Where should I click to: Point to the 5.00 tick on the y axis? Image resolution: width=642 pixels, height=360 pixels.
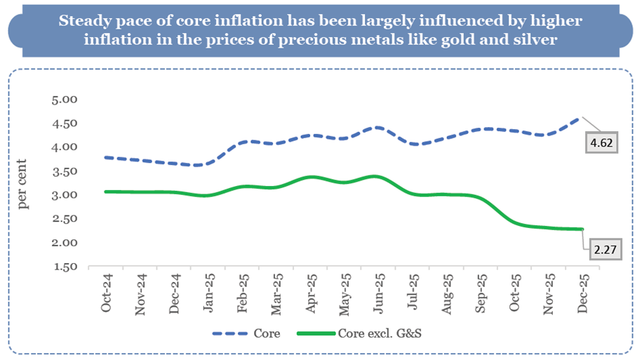(65, 100)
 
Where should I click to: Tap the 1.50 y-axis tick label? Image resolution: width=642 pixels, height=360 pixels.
(65, 267)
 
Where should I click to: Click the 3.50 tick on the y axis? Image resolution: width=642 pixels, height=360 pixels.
(65, 171)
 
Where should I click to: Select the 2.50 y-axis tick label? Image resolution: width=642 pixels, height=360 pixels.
(65, 220)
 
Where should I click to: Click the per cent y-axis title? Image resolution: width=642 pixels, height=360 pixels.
(25, 184)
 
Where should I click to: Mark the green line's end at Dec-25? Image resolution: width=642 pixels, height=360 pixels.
(580, 229)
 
